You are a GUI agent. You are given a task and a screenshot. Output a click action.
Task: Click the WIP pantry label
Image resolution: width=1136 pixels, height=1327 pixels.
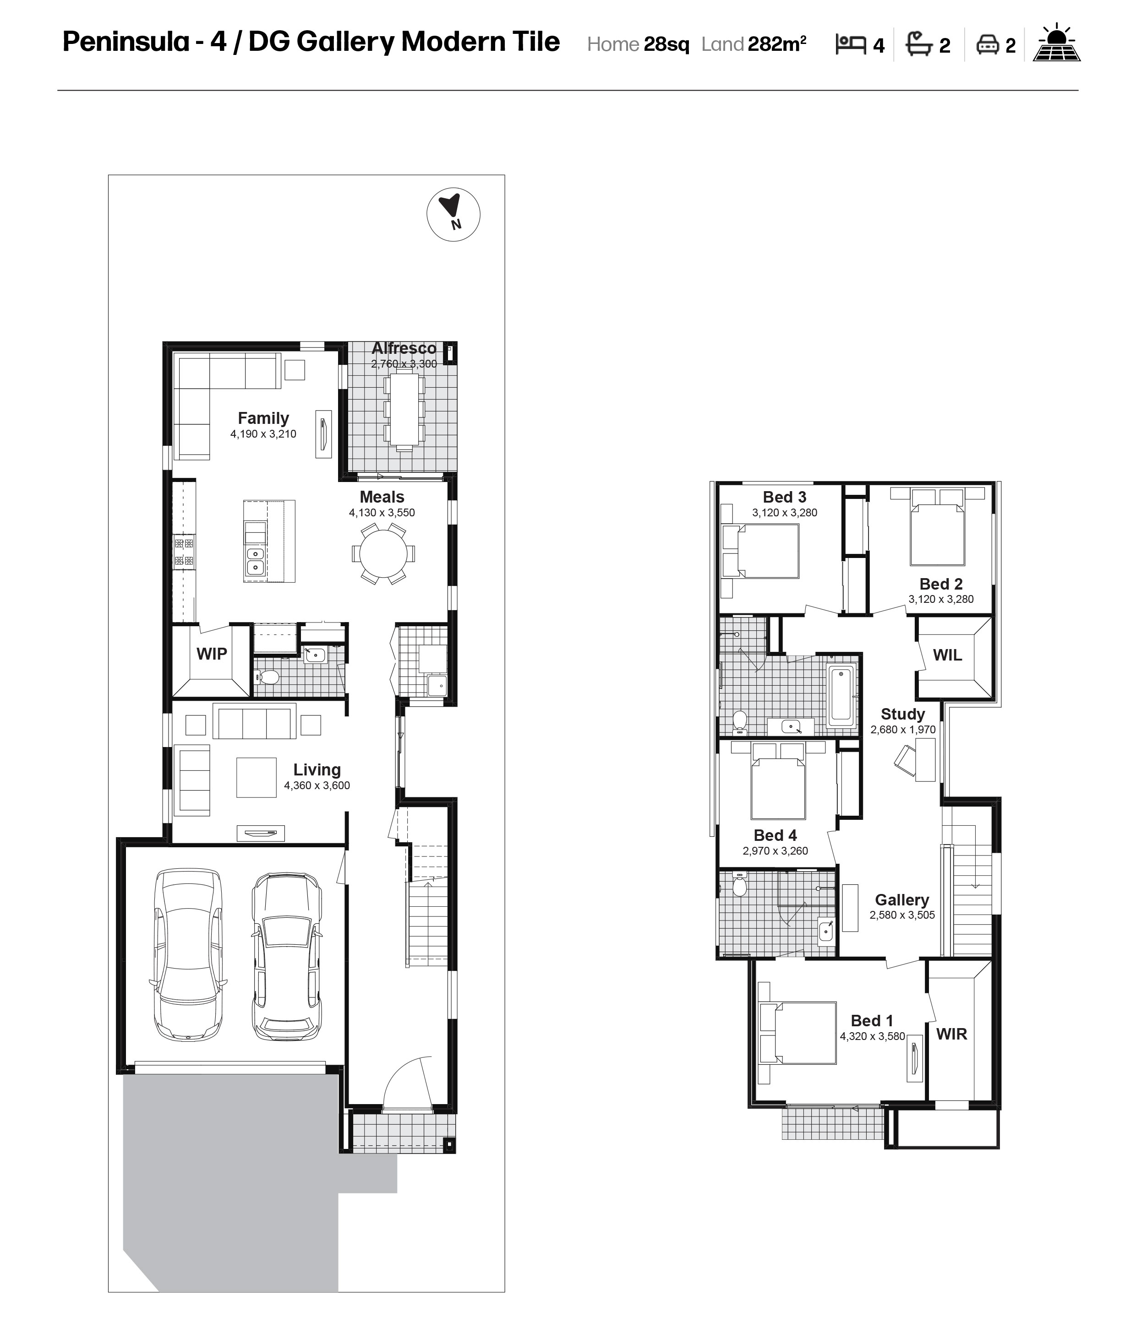(x=212, y=654)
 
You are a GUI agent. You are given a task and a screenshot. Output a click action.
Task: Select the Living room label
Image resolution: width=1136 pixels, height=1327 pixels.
(x=317, y=770)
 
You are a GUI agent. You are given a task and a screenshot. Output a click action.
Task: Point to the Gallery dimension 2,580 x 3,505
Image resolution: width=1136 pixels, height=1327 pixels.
(x=902, y=915)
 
